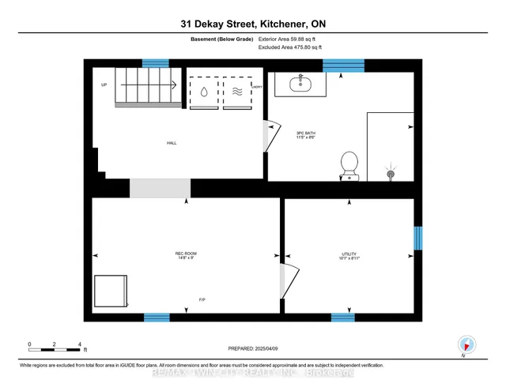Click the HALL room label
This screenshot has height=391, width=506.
coord(172,143)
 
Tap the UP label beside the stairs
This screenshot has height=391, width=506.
coord(104,85)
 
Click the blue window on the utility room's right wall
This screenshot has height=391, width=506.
coord(418,238)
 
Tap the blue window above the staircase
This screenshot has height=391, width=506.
coord(155,63)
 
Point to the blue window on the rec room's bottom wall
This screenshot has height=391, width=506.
coord(157,318)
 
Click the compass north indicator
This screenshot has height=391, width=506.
coord(467,344)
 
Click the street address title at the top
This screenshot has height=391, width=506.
coord(252,24)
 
